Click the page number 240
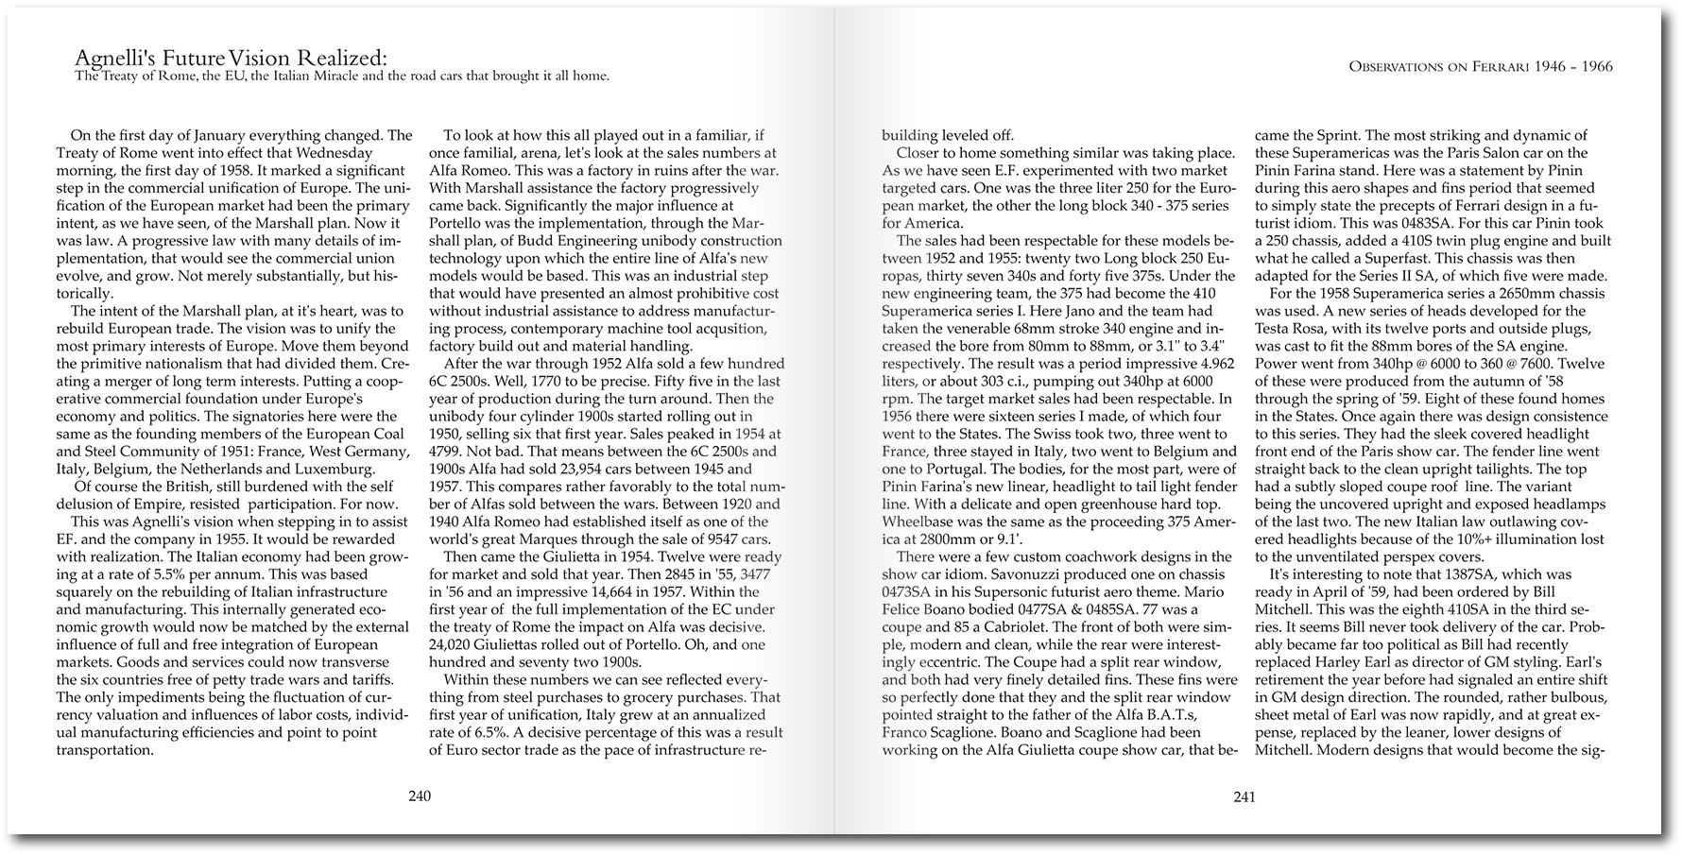(x=420, y=795)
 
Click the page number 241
(x=1244, y=795)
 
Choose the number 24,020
(x=455, y=644)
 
